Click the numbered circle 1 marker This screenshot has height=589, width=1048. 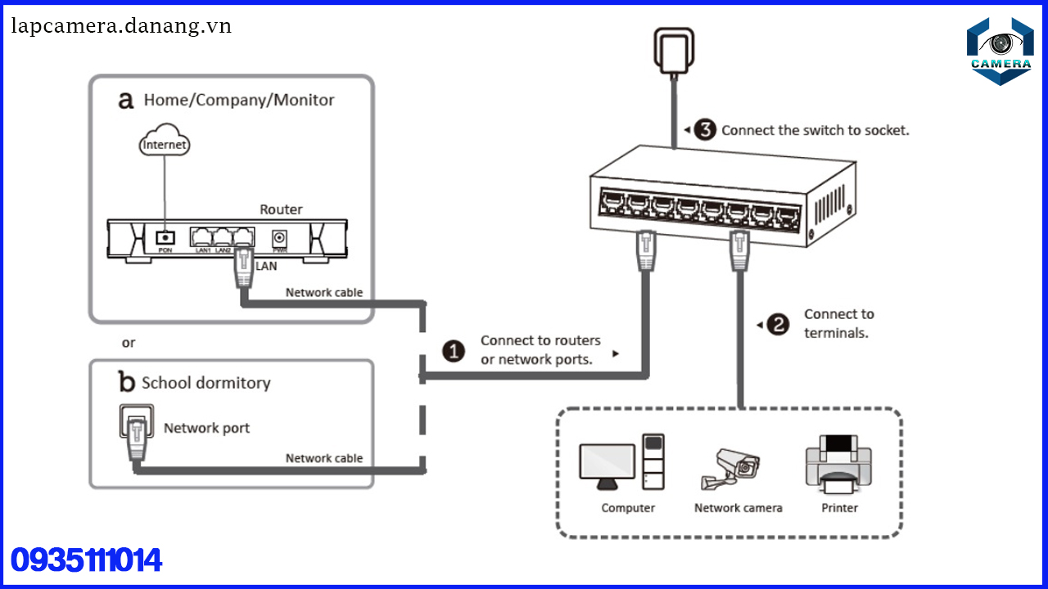454,351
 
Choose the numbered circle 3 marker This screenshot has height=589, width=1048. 705,130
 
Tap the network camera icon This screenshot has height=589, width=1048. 731,468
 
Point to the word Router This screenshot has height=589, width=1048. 281,209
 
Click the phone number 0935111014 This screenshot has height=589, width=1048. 87,561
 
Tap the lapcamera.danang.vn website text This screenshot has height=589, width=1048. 121,26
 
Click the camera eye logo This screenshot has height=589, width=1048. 1000,47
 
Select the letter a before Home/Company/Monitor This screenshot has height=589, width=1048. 125,101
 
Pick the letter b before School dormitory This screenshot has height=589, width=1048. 126,382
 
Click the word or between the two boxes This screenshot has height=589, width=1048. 129,343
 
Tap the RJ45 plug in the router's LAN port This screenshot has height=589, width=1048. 243,266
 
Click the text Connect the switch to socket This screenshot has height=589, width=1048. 815,130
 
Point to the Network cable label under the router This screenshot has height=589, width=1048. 323,292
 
